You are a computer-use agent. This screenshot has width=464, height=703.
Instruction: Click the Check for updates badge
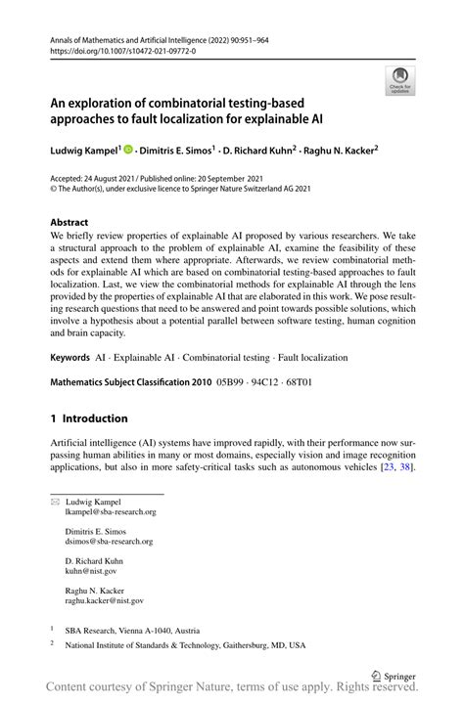pos(398,81)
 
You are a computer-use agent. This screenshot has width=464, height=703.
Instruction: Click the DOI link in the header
pos(116,50)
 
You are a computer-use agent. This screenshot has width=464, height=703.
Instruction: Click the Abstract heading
pos(69,222)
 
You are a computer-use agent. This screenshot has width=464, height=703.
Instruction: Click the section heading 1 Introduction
pos(89,417)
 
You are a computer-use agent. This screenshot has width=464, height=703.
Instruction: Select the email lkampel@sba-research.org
pos(110,511)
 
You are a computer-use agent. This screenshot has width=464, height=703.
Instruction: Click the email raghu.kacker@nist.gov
pos(104,600)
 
